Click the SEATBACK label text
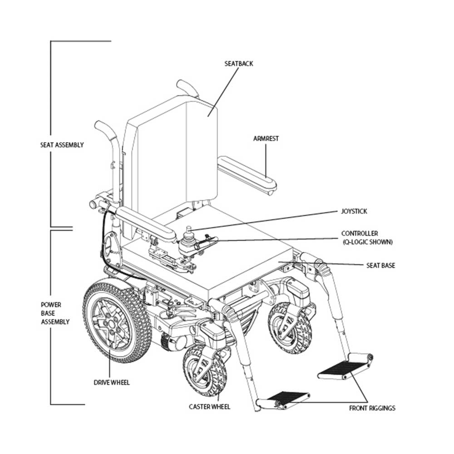click(238, 64)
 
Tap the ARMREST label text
click(266, 138)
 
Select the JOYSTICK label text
click(354, 211)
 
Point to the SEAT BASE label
click(380, 265)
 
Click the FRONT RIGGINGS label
click(372, 408)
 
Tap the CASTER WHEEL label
click(209, 406)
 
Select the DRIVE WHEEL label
click(111, 382)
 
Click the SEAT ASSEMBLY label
click(62, 145)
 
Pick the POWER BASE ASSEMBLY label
click(55, 313)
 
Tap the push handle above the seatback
click(188, 88)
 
